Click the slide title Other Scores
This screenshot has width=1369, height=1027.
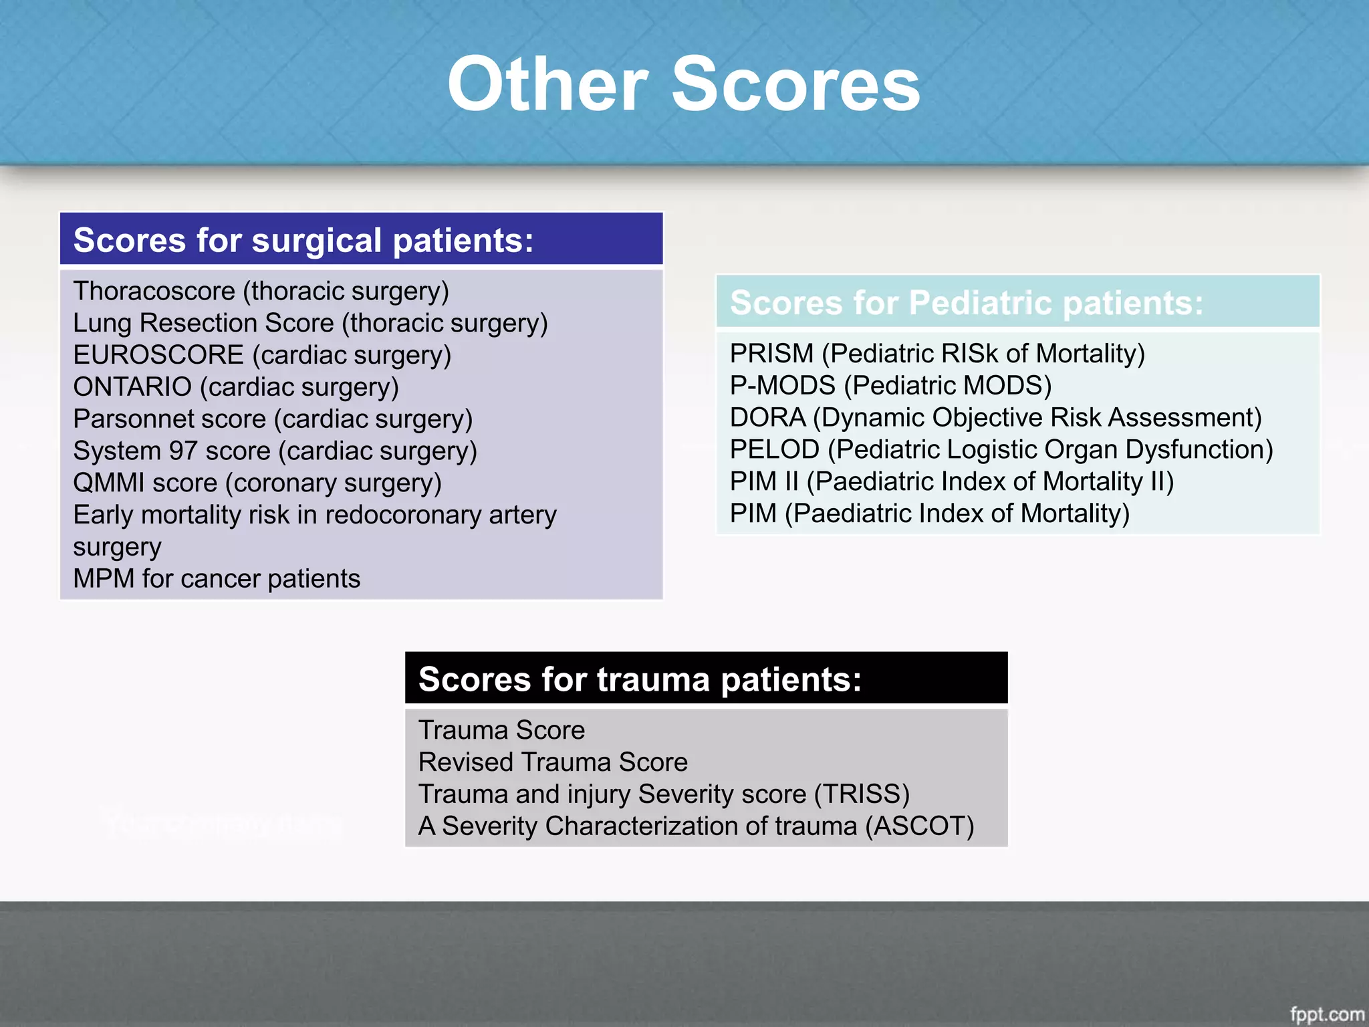[x=683, y=84]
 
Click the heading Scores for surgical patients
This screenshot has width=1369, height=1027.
[x=303, y=240]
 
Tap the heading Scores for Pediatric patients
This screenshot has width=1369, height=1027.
[x=966, y=303]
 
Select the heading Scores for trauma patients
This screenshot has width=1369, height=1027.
[x=640, y=679]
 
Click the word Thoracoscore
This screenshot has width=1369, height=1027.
[x=154, y=291]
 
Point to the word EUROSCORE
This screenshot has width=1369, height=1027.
[x=158, y=355]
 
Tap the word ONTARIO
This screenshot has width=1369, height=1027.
[x=132, y=387]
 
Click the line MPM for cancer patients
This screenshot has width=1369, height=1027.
[x=217, y=579]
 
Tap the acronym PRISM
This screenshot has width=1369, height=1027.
[x=771, y=354]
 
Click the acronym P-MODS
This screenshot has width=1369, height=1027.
[x=782, y=386]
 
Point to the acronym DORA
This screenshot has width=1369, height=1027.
[x=767, y=418]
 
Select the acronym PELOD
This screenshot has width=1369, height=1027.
[x=774, y=450]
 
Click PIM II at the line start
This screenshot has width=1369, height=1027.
[x=763, y=481]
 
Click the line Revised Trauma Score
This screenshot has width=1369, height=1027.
[x=553, y=762]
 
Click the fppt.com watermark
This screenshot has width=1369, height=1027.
[x=1326, y=1014]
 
